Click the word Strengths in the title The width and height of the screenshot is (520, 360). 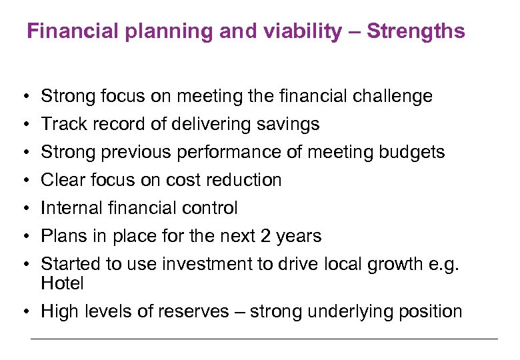point(416,31)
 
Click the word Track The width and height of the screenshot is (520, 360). point(61,125)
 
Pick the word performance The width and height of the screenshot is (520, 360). point(230,153)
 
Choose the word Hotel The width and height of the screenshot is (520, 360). point(62,284)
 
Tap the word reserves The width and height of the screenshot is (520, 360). point(193,312)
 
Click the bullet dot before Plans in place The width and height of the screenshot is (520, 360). point(23,237)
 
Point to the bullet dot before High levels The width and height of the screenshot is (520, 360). point(23,312)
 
